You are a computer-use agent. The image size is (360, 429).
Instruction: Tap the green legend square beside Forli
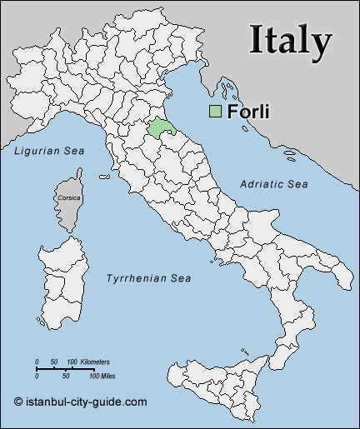click(215, 112)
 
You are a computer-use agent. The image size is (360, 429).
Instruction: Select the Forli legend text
click(248, 112)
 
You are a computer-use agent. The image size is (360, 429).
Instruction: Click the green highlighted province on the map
click(159, 127)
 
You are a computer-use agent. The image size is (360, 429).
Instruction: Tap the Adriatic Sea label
click(274, 183)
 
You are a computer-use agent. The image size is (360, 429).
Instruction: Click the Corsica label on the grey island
click(69, 198)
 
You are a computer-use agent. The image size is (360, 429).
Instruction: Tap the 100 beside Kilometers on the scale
click(73, 362)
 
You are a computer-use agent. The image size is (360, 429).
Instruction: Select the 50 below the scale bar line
click(65, 377)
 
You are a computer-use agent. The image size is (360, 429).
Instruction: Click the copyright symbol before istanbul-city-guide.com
click(18, 401)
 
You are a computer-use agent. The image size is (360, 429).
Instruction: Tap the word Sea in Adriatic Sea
click(297, 183)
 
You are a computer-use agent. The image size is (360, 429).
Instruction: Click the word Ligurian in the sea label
click(35, 151)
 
